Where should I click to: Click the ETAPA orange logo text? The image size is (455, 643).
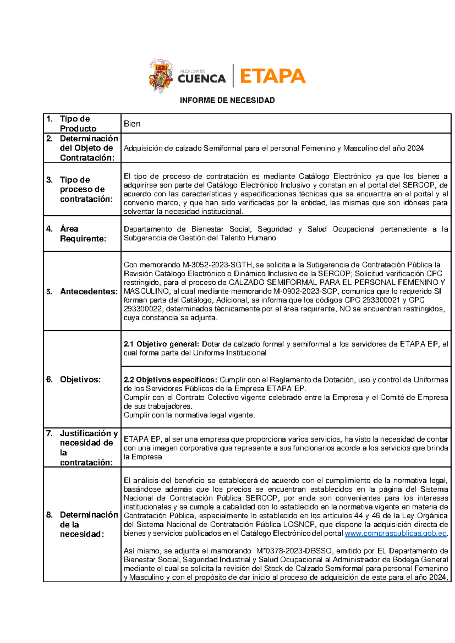pos(272,76)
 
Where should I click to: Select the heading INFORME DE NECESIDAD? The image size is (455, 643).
pos(227,100)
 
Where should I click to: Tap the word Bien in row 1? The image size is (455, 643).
pos(132,124)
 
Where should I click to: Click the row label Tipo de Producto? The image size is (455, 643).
pos(78,124)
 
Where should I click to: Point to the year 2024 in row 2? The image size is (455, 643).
pos(415,148)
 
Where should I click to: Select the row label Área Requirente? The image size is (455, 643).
pos(83,234)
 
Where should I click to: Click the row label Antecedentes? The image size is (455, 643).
pos(89,292)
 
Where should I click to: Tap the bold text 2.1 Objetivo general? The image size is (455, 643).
pos(161,344)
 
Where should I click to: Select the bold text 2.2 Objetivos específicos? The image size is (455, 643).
pos(171,380)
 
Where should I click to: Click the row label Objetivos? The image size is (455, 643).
pos(80,380)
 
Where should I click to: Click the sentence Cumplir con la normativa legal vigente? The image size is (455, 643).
pos(189,415)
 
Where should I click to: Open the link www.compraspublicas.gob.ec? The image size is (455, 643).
pos(395,533)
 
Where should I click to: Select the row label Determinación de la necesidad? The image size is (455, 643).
pos(88,524)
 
